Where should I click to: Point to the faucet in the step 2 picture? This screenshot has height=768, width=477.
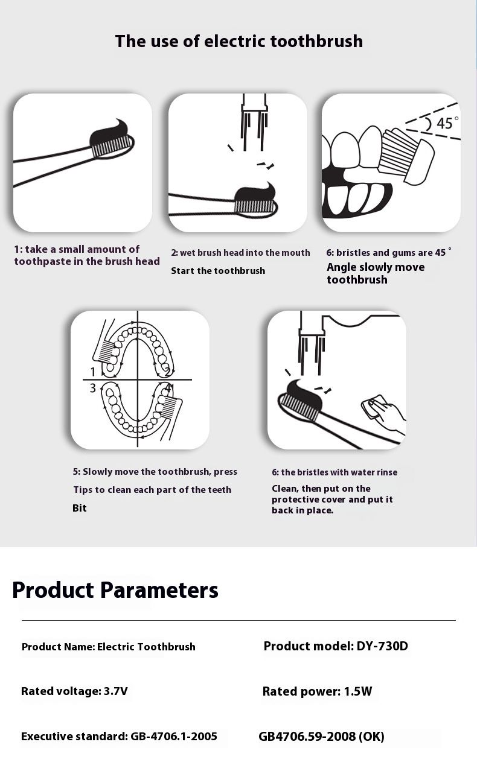click(254, 122)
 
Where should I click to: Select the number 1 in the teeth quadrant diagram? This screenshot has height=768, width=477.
click(92, 372)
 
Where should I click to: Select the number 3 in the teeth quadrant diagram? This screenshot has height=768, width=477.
click(92, 388)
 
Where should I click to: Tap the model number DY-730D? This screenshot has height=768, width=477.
click(382, 646)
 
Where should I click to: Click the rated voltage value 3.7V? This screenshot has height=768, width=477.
click(116, 691)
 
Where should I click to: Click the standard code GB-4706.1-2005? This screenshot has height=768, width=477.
click(174, 737)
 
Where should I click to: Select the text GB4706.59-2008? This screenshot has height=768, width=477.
click(307, 737)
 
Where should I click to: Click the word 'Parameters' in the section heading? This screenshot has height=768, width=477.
click(159, 591)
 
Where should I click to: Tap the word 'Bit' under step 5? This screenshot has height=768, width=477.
click(79, 508)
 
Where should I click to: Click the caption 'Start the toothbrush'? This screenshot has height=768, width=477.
click(218, 271)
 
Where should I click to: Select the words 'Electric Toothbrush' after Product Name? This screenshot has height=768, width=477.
click(146, 647)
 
